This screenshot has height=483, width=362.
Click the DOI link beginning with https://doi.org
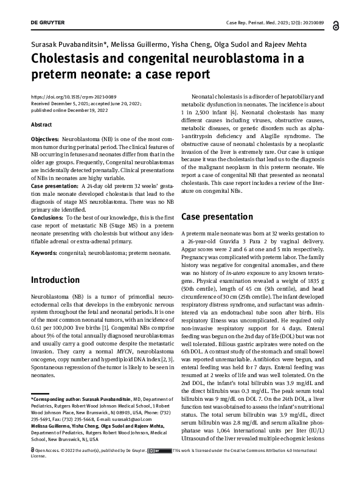[x=74, y=97]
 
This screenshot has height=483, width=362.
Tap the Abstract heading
[x=41, y=124]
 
